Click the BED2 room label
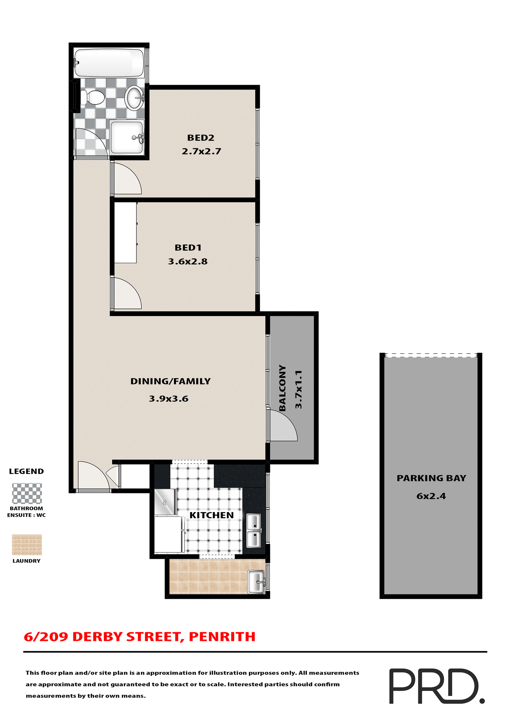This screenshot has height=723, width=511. click(x=201, y=138)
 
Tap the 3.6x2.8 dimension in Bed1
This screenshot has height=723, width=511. click(x=188, y=261)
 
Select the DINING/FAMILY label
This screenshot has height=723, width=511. click(x=170, y=381)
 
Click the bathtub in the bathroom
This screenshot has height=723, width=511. click(x=109, y=63)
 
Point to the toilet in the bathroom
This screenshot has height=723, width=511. click(x=93, y=98)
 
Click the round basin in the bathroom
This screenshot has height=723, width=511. click(x=134, y=97)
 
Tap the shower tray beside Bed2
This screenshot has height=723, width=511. click(x=127, y=137)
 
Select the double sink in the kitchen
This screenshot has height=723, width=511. click(x=253, y=531)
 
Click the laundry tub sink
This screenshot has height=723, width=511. click(x=256, y=582)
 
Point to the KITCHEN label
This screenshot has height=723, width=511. click(x=211, y=515)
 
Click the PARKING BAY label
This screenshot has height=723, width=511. click(x=431, y=478)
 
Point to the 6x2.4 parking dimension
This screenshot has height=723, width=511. click(x=431, y=496)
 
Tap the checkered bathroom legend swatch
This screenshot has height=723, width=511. click(x=27, y=493)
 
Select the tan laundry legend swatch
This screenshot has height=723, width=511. click(x=27, y=545)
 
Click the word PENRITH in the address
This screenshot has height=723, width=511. click(x=222, y=636)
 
